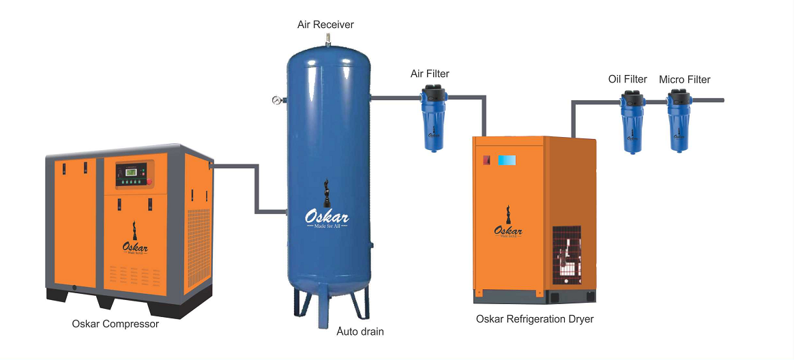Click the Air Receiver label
325,25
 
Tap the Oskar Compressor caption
115,324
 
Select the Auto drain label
360,332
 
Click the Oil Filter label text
628,79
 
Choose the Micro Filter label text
684,80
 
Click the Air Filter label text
430,74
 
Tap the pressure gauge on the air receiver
276,100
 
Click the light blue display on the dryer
507,160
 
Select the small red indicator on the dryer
486,161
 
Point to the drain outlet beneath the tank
327,320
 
